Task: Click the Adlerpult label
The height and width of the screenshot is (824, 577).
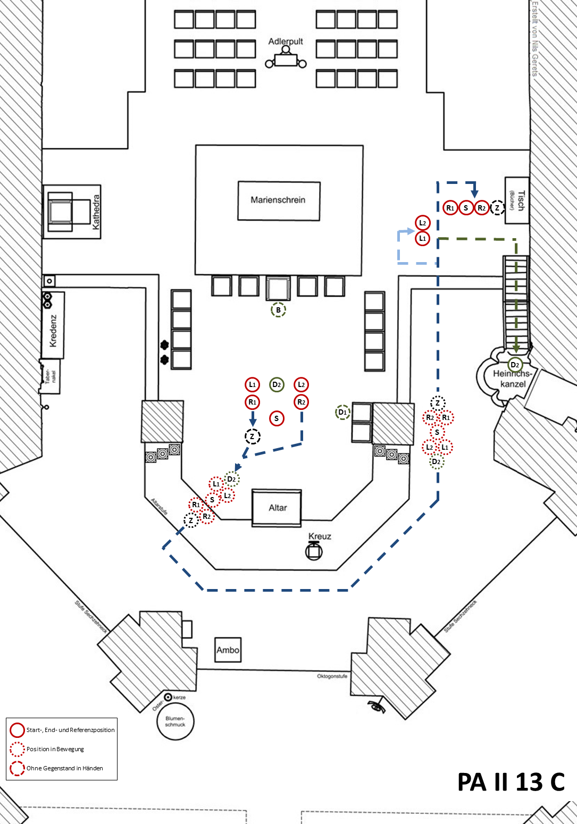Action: [286, 41]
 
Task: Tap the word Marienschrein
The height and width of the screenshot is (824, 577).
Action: [278, 200]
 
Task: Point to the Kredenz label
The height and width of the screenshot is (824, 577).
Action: [53, 331]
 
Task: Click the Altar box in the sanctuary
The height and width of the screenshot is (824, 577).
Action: [277, 508]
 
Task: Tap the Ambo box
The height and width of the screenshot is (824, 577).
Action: [228, 650]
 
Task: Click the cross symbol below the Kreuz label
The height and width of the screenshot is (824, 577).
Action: [314, 551]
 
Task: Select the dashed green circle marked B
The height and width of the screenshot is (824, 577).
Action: [278, 310]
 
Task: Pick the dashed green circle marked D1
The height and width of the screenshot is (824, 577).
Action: [343, 412]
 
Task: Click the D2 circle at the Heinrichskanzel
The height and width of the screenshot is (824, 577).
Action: [515, 365]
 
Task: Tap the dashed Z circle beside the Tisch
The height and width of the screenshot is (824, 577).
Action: [497, 207]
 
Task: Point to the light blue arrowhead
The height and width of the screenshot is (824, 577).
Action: [410, 231]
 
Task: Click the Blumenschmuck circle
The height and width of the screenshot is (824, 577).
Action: [175, 721]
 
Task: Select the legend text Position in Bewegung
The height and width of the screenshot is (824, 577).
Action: [55, 749]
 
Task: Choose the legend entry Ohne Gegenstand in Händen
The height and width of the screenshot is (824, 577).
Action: [64, 768]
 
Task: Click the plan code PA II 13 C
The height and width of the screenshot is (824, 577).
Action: [511, 782]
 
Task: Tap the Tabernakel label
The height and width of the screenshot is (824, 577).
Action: [51, 376]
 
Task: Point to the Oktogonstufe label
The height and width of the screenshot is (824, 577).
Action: [332, 676]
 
